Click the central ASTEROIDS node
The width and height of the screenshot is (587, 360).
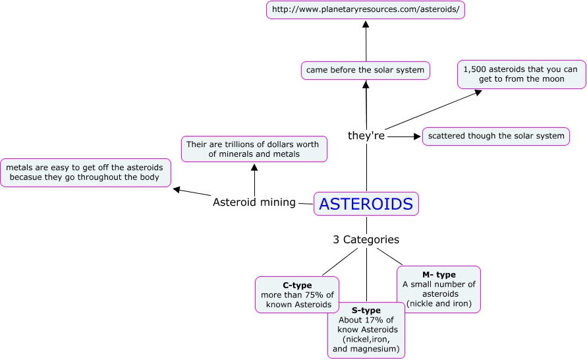point(366,204)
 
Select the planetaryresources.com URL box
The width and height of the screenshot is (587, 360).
point(366,11)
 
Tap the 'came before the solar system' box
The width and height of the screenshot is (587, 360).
point(365,69)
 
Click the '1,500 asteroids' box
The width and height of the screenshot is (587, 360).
point(522,75)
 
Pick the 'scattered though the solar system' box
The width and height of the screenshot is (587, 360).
point(495,136)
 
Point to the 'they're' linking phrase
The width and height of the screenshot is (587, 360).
point(366,136)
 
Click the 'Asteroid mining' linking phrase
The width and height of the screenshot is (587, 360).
point(254,202)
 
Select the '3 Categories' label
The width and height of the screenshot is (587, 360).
point(366,240)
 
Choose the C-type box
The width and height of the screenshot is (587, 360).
point(297,295)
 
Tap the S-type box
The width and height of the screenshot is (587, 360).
point(366,330)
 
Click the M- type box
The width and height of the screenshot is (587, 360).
point(439,289)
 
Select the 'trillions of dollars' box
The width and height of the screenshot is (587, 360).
point(254,149)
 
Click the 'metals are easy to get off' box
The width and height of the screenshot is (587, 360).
point(85,173)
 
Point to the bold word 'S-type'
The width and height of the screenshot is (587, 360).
point(366,310)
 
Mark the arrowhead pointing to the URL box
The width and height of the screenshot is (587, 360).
point(366,24)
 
